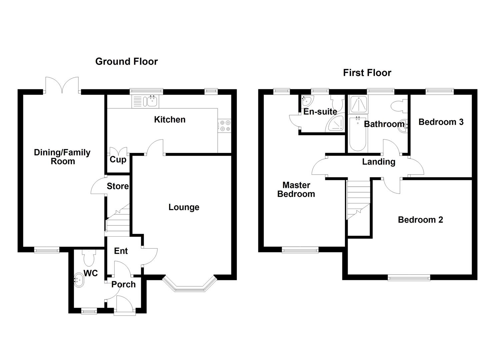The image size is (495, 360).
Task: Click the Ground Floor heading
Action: (x=126, y=61)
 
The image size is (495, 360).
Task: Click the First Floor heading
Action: (x=367, y=73)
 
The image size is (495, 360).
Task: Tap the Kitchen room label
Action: (x=170, y=119)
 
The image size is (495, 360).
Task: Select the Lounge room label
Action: (x=184, y=207)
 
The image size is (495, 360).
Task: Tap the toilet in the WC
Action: (x=89, y=258)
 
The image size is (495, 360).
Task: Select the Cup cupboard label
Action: (x=118, y=159)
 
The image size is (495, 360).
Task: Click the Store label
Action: (x=118, y=186)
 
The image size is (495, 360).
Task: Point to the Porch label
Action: (x=123, y=284)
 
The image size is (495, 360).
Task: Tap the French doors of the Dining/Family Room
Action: (x=62, y=85)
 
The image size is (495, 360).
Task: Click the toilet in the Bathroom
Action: (x=399, y=106)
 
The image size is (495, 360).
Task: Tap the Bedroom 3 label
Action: (x=441, y=122)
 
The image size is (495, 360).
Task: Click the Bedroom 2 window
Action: (x=409, y=277)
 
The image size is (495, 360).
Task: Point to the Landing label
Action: (x=379, y=162)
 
